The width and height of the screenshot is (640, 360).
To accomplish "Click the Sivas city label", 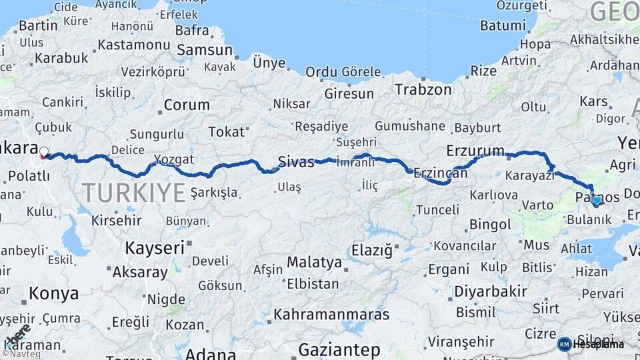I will (296, 161).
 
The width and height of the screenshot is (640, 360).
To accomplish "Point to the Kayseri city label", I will (155, 249).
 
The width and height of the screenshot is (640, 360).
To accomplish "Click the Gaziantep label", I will (339, 349).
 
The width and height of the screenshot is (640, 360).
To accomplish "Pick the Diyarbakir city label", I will (490, 291).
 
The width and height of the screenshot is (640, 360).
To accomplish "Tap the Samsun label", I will (204, 50).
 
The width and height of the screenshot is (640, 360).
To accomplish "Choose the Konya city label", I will (54, 293).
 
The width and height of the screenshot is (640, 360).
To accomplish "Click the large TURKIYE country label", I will (134, 193).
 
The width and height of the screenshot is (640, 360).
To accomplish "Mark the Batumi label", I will (503, 26).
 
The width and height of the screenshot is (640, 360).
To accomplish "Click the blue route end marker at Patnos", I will (596, 200).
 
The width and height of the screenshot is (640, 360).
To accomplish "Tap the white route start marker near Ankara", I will (44, 152).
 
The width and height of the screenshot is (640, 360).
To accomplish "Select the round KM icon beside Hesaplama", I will (564, 344).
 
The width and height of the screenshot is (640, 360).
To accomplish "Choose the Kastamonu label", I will (133, 45).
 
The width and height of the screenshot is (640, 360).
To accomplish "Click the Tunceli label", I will (437, 210).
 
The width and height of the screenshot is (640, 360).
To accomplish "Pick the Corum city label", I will (187, 105).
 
